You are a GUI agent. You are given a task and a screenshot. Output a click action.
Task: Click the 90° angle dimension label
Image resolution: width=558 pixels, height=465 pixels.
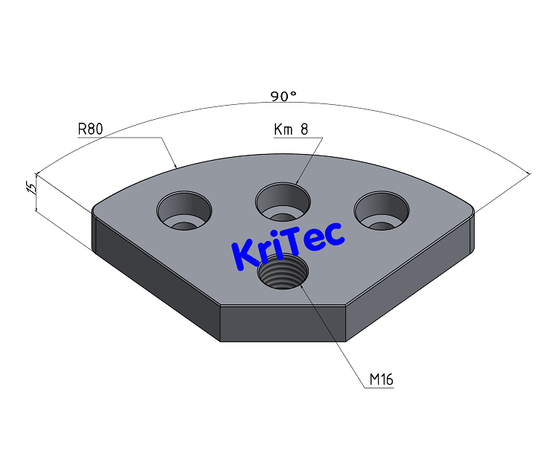(x=283, y=96)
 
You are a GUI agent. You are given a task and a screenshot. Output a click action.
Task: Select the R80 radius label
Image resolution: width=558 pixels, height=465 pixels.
(x=90, y=129)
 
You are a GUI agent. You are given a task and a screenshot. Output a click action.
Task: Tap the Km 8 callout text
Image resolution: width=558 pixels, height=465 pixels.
(x=291, y=129)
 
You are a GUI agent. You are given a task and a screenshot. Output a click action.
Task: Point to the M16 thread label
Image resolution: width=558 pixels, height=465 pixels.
(x=381, y=380)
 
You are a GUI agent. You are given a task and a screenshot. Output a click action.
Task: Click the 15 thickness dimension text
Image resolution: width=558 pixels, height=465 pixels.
(x=31, y=187)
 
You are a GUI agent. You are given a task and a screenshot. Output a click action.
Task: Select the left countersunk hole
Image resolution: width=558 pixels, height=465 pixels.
(x=183, y=210)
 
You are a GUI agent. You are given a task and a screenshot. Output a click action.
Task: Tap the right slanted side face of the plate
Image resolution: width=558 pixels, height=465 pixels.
(x=409, y=279)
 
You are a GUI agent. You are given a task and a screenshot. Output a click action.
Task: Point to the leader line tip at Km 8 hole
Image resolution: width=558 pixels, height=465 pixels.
(x=296, y=183)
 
